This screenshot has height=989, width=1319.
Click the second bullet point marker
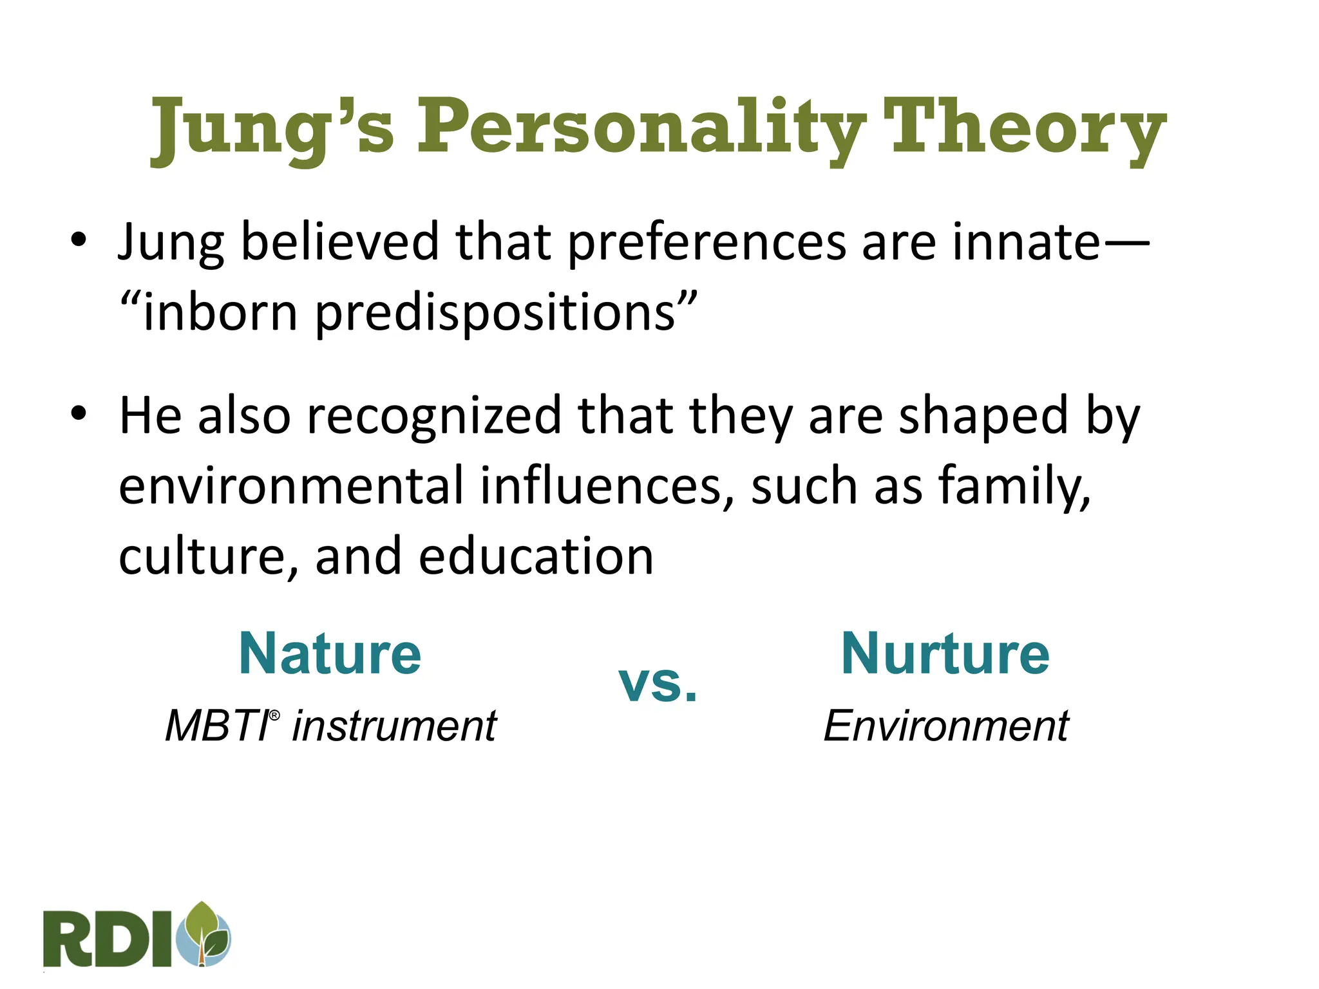[79, 414]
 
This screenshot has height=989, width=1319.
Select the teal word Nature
[330, 654]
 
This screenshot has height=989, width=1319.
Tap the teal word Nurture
[945, 654]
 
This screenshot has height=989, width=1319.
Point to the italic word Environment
[945, 726]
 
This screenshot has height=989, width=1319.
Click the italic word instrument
[394, 726]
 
